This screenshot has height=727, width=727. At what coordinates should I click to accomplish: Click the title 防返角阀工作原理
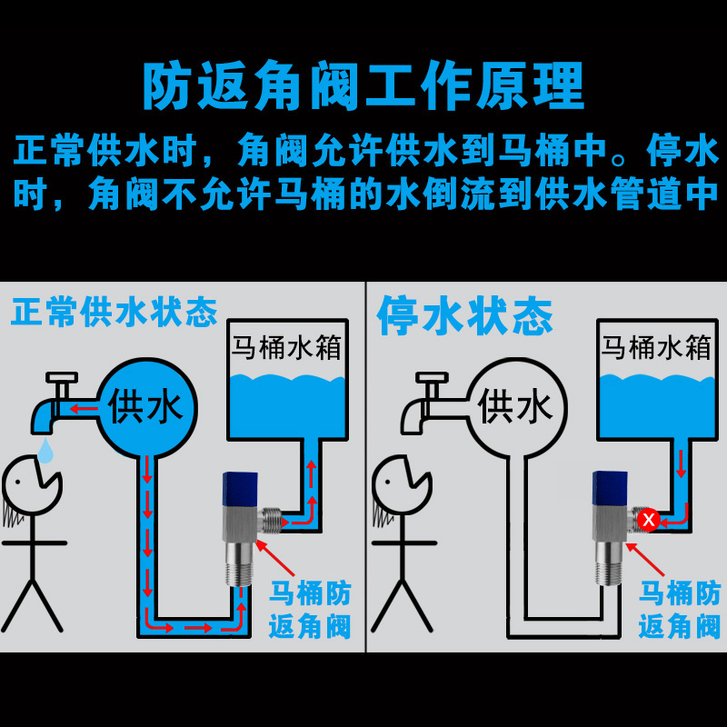point(363,86)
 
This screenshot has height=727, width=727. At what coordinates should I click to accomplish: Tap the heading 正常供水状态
point(115,312)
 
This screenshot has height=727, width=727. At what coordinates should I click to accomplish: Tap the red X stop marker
point(648,521)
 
